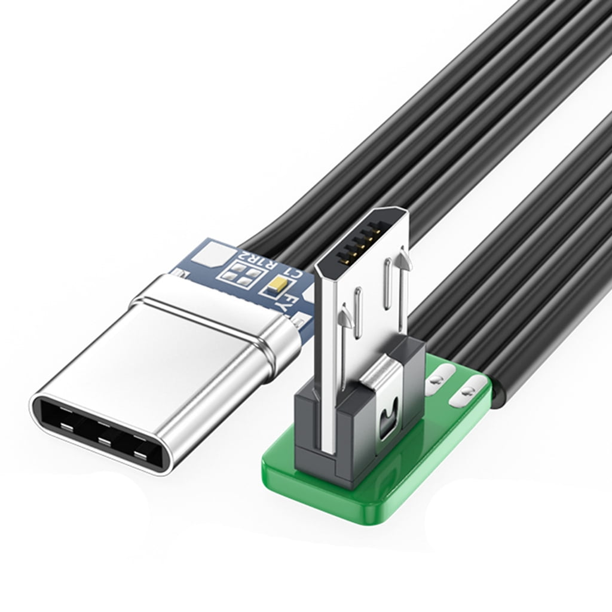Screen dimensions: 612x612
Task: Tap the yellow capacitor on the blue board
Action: [x=279, y=286]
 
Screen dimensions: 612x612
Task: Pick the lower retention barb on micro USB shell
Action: [x=345, y=314]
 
